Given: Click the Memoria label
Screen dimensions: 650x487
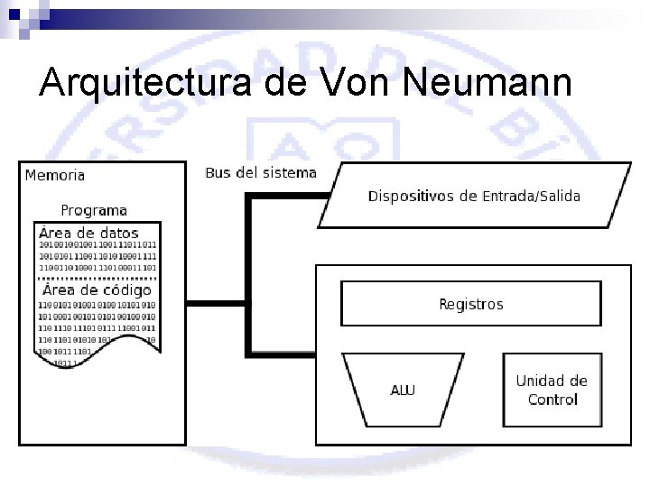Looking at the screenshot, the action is (55, 176).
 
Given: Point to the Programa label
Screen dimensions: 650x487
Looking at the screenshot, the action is (94, 210).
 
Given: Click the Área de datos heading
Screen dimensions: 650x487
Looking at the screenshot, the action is (88, 232).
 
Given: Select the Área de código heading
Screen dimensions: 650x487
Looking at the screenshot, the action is (97, 290).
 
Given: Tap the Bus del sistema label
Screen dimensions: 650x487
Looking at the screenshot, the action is (261, 173).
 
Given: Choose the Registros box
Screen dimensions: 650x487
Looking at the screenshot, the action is (470, 303).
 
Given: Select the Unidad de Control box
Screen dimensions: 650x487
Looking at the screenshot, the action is (552, 390).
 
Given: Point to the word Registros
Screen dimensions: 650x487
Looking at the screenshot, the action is (470, 305).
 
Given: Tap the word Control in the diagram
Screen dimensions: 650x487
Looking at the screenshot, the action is (552, 400).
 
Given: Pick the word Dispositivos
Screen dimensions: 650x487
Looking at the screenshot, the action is (410, 197).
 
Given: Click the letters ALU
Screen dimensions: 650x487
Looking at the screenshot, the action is (404, 391).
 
